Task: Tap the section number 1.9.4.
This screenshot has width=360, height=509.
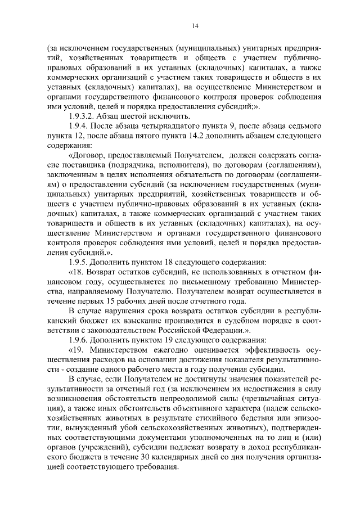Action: click(80, 127)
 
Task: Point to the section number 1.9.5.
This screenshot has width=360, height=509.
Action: click(80, 262)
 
